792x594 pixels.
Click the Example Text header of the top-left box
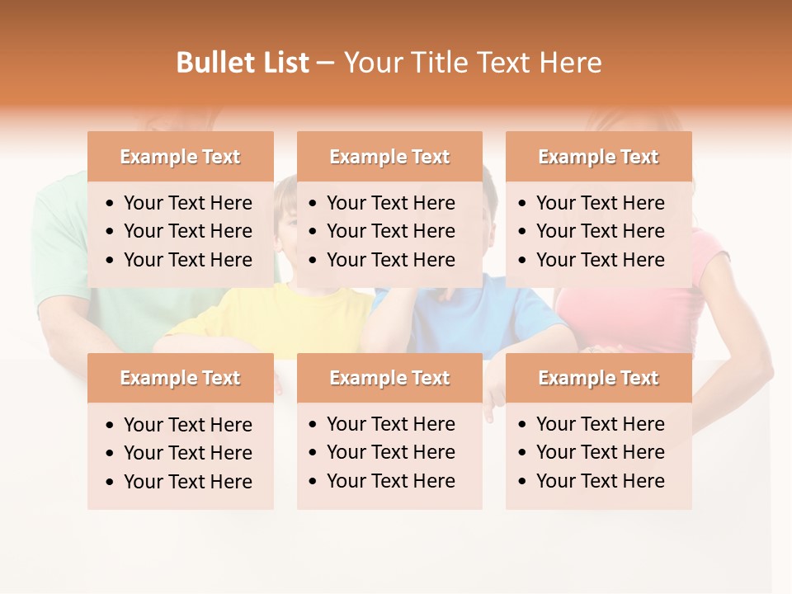tap(180, 157)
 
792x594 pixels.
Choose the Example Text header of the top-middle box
tap(389, 157)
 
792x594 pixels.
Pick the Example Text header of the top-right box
tap(598, 157)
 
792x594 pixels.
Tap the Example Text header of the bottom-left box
tap(180, 378)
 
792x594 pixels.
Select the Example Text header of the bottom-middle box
tap(389, 378)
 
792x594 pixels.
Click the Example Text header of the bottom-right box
tap(598, 378)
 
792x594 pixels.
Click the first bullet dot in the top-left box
tap(111, 204)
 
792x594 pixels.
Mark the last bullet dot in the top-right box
tap(523, 261)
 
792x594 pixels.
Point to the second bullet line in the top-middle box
tap(390, 231)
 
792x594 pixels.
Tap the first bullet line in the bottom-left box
tap(187, 425)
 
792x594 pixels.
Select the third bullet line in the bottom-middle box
tap(390, 481)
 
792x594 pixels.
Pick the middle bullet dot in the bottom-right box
tap(523, 453)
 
